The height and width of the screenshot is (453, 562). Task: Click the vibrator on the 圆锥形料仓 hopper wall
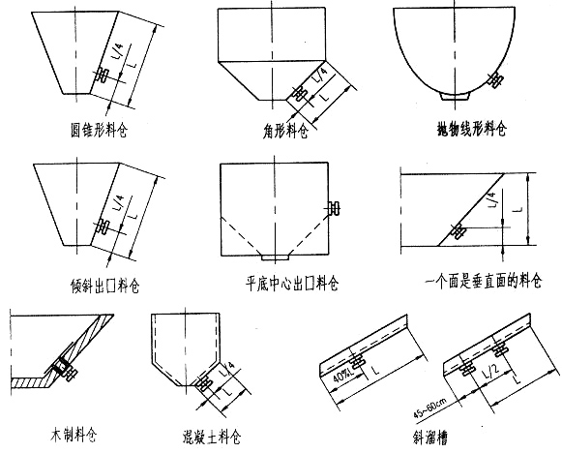pyautogui.click(x=101, y=75)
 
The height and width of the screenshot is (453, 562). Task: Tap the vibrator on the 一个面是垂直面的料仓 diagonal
pyautogui.click(x=454, y=231)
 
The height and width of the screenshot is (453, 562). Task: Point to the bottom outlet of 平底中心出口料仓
pyautogui.click(x=276, y=257)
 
